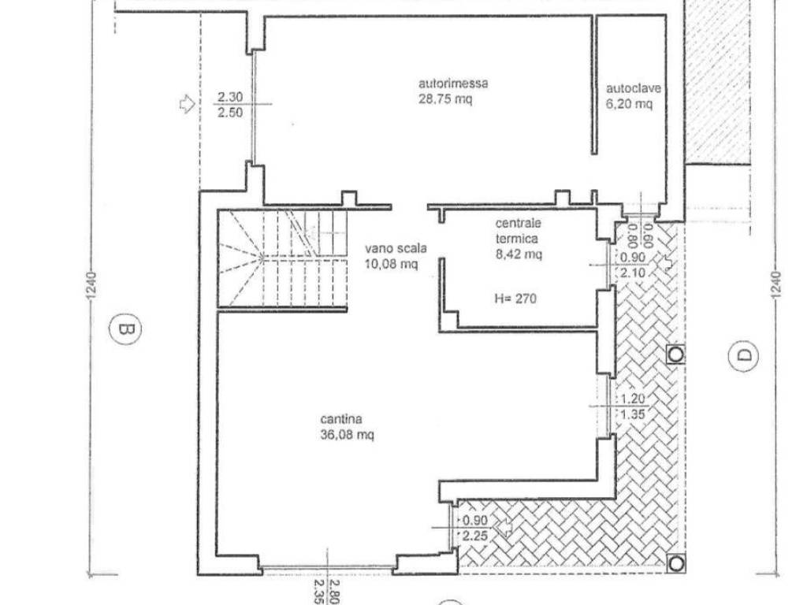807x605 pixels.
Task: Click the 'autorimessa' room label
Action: (453, 84)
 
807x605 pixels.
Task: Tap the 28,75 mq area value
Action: (445, 98)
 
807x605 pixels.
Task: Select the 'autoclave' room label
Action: (633, 88)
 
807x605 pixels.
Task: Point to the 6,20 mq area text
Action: (629, 104)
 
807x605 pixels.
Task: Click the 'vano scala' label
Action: (396, 248)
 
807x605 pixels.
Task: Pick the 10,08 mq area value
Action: (391, 265)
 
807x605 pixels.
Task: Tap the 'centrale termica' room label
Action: (518, 231)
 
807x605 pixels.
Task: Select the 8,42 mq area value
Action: (519, 254)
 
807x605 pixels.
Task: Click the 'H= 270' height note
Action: (515, 299)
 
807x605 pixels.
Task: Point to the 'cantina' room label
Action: (340, 419)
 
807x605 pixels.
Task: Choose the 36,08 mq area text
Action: (347, 435)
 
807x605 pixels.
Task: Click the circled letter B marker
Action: (125, 328)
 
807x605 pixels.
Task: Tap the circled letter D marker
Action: (743, 355)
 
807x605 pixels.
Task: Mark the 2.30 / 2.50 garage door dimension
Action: (229, 105)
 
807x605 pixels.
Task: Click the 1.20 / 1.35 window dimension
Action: (633, 406)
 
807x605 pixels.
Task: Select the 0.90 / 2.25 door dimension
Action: (474, 529)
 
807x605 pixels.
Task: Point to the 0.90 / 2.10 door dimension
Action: (632, 265)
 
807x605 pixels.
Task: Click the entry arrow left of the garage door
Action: (188, 104)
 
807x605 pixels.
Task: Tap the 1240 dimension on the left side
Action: (91, 284)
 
